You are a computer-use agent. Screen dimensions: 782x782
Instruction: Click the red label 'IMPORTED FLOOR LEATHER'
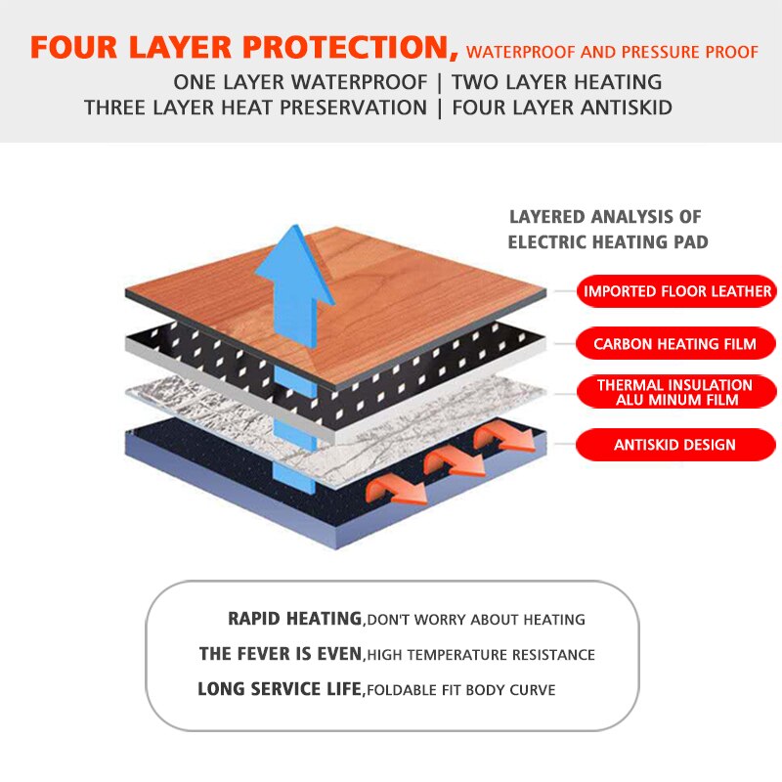coord(677,291)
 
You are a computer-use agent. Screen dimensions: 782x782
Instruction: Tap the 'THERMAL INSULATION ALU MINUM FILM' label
coord(675,393)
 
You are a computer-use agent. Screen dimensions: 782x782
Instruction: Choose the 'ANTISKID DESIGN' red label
coord(675,445)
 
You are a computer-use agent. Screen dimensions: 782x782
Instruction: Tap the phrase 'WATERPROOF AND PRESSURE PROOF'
coord(612,52)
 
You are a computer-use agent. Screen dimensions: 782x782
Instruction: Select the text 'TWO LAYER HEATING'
coord(556,82)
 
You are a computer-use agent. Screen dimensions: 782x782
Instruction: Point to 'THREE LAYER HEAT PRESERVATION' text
coord(255,108)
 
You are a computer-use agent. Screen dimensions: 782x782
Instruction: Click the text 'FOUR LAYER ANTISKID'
coord(561,108)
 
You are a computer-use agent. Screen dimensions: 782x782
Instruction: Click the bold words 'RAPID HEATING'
coord(294,619)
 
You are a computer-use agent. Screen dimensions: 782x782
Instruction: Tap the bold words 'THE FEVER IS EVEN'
coord(281,654)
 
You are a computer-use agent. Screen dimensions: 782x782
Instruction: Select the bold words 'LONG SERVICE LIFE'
coord(280,689)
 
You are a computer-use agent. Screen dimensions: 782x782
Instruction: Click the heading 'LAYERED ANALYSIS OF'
coord(605,217)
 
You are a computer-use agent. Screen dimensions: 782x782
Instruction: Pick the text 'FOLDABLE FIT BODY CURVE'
coord(460,690)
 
